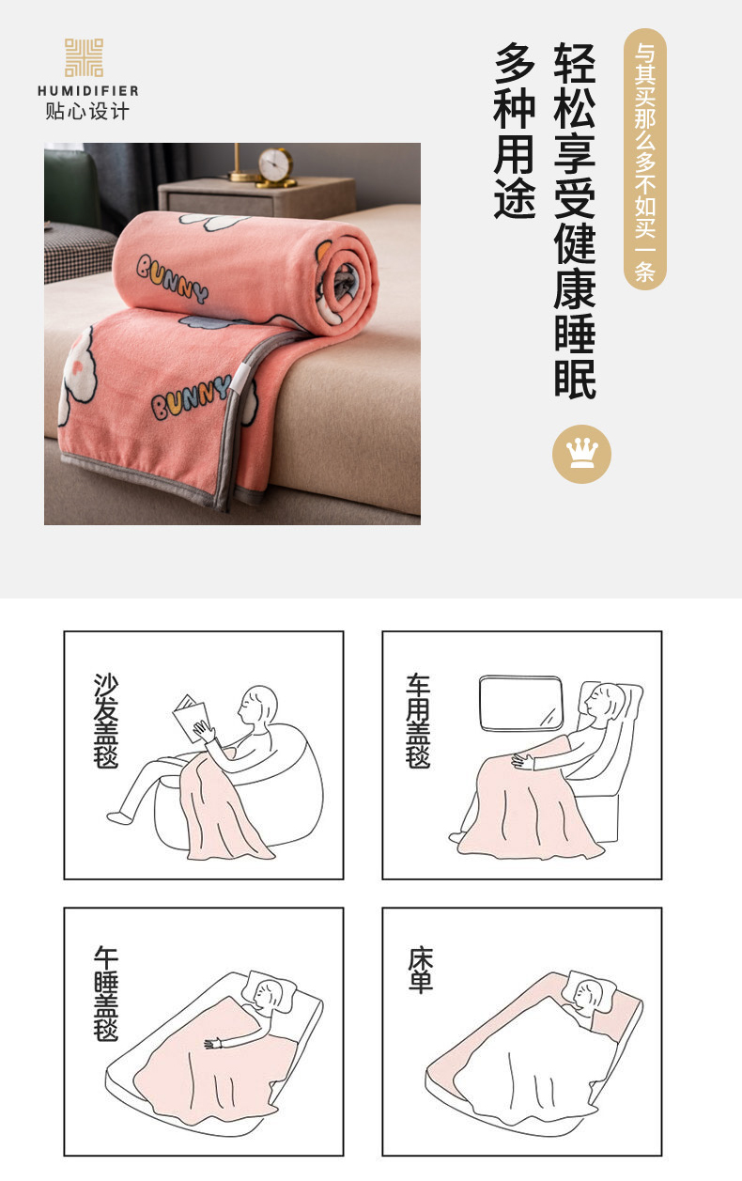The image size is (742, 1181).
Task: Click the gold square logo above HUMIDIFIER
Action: [84, 57]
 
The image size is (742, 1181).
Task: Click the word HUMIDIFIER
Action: [88, 91]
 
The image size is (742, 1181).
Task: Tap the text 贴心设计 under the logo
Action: [87, 111]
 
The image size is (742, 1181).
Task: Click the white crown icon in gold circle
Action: [581, 454]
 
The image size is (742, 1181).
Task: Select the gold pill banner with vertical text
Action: [645, 159]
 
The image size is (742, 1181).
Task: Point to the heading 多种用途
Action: [515, 131]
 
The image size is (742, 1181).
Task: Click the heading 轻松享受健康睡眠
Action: [575, 221]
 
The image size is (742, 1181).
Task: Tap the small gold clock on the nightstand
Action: [275, 166]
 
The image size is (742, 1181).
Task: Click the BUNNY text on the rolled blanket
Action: [172, 279]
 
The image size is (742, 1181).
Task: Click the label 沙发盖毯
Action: [106, 721]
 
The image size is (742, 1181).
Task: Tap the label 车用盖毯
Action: [418, 721]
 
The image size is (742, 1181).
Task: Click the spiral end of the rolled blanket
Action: [346, 285]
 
